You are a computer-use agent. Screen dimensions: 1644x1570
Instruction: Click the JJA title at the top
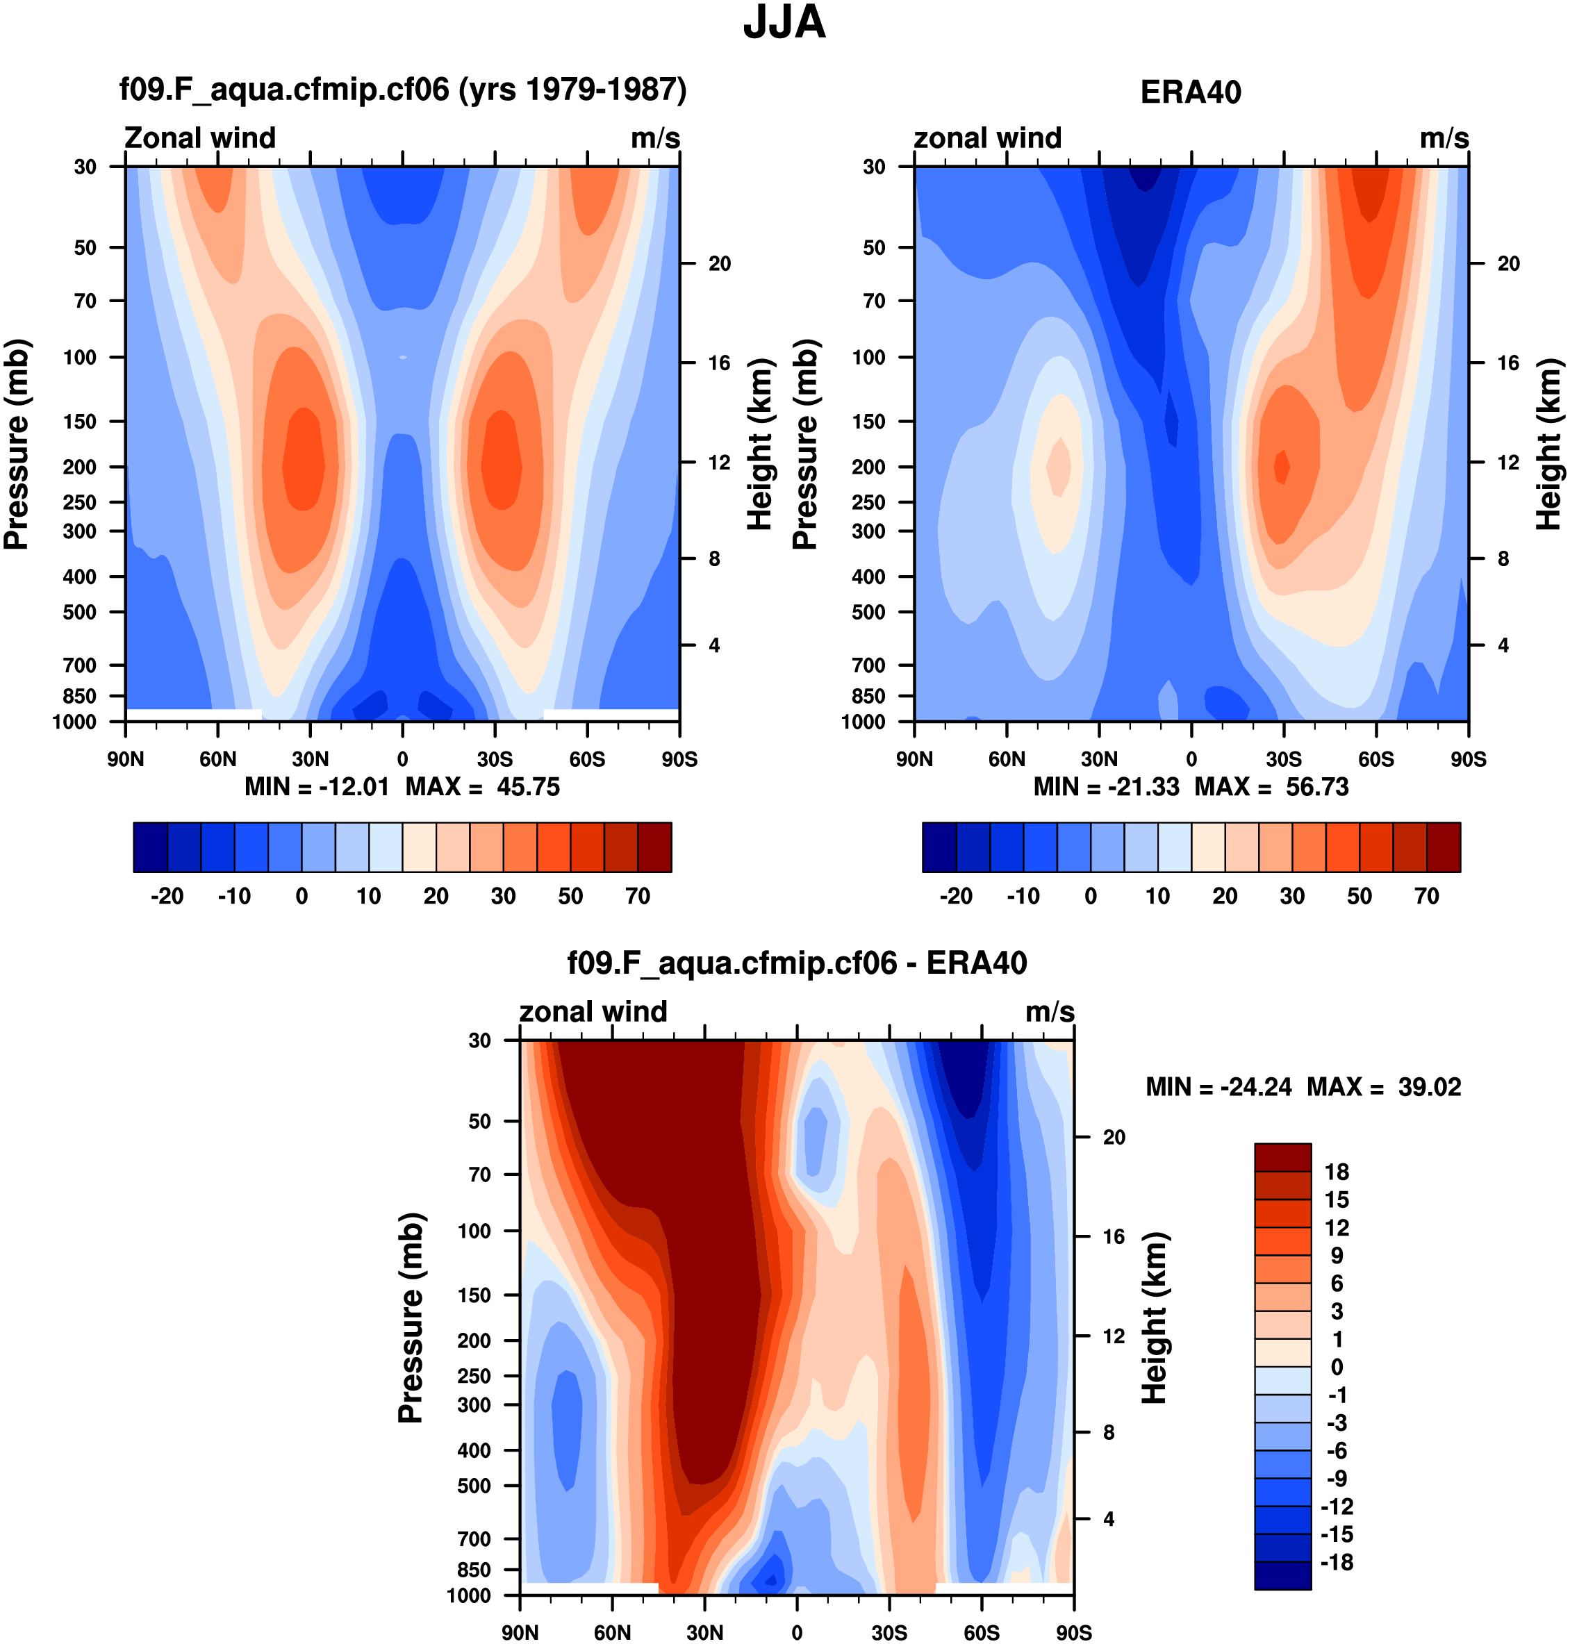[784, 23]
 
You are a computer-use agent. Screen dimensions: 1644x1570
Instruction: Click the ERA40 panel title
[1190, 92]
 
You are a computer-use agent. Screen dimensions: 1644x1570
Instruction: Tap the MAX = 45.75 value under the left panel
[483, 788]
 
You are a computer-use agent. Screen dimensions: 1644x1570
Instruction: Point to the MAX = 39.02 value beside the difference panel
[1385, 1087]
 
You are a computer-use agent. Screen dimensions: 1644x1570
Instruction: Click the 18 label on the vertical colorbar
[1337, 1172]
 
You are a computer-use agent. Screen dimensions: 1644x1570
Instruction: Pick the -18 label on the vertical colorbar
[1337, 1562]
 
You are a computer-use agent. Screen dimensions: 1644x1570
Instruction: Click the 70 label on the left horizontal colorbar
[638, 896]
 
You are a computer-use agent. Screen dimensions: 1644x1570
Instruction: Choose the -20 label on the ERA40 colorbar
[956, 896]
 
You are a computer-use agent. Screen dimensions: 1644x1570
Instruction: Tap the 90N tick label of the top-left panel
[126, 759]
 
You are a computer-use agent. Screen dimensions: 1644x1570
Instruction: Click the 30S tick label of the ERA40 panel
[1283, 759]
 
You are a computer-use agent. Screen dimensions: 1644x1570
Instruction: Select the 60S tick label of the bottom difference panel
[981, 1632]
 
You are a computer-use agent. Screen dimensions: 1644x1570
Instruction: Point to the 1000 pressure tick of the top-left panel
[74, 722]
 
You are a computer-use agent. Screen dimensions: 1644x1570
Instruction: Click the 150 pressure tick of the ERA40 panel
[868, 422]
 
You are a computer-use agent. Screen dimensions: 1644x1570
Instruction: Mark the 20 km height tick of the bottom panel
[1113, 1137]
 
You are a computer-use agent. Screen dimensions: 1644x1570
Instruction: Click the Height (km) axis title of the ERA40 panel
[1548, 445]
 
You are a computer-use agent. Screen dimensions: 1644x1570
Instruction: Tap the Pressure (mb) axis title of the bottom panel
[411, 1318]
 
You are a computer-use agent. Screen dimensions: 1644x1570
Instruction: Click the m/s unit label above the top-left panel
[654, 138]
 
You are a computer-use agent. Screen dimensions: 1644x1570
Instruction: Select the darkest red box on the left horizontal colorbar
[654, 847]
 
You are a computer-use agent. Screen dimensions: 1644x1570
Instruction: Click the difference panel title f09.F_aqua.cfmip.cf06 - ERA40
[797, 963]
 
